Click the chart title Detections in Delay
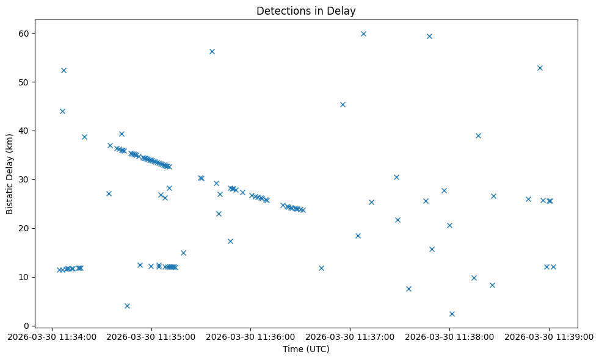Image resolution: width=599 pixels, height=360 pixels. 305,11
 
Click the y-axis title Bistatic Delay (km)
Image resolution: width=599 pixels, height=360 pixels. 9,174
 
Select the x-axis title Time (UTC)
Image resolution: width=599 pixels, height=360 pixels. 305,349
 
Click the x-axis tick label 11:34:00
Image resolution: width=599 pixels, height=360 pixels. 51,336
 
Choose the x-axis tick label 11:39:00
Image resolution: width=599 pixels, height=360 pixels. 549,336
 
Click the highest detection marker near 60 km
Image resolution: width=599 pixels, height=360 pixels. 363,34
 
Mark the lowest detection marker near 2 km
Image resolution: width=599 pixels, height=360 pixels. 452,314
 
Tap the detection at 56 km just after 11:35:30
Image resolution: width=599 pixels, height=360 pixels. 212,51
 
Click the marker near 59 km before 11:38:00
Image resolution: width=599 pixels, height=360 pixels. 429,36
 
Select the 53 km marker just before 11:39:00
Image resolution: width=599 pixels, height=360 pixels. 540,68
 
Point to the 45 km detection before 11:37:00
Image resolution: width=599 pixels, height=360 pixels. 343,104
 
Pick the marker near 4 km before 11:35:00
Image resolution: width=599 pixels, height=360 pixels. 127,306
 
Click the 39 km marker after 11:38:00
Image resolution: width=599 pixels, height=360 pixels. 478,135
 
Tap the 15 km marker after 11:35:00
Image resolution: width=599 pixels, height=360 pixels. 183,253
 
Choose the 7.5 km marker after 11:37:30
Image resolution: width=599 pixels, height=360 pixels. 408,289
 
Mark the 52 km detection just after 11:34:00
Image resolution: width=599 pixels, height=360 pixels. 64,70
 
